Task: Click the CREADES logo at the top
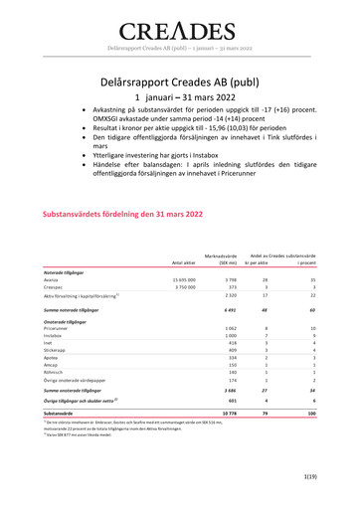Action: coord(179,24)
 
